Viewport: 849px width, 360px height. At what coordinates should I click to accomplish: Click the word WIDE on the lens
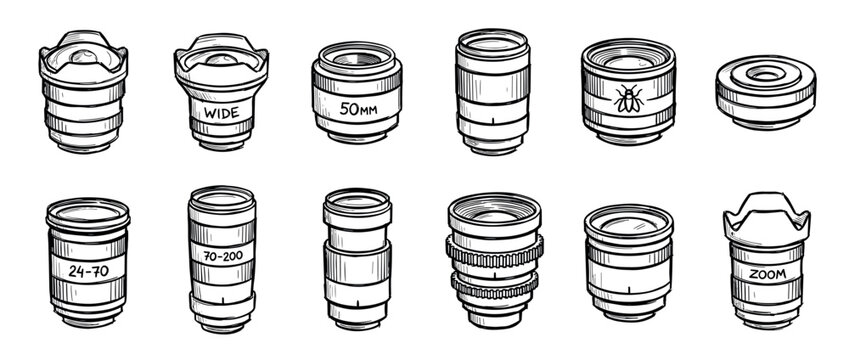pyautogui.click(x=221, y=113)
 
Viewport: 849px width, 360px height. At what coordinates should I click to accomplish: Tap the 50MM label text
pyautogui.click(x=358, y=108)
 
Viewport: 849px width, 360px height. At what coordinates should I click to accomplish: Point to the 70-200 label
pyautogui.click(x=222, y=255)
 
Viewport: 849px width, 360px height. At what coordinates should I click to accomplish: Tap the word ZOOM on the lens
pyautogui.click(x=767, y=273)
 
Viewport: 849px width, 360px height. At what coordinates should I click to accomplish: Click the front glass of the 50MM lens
pyautogui.click(x=356, y=58)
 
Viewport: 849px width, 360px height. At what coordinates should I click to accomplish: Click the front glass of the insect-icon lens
pyautogui.click(x=626, y=54)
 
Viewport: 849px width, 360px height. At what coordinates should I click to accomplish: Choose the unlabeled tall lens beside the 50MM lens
pyautogui.click(x=492, y=90)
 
